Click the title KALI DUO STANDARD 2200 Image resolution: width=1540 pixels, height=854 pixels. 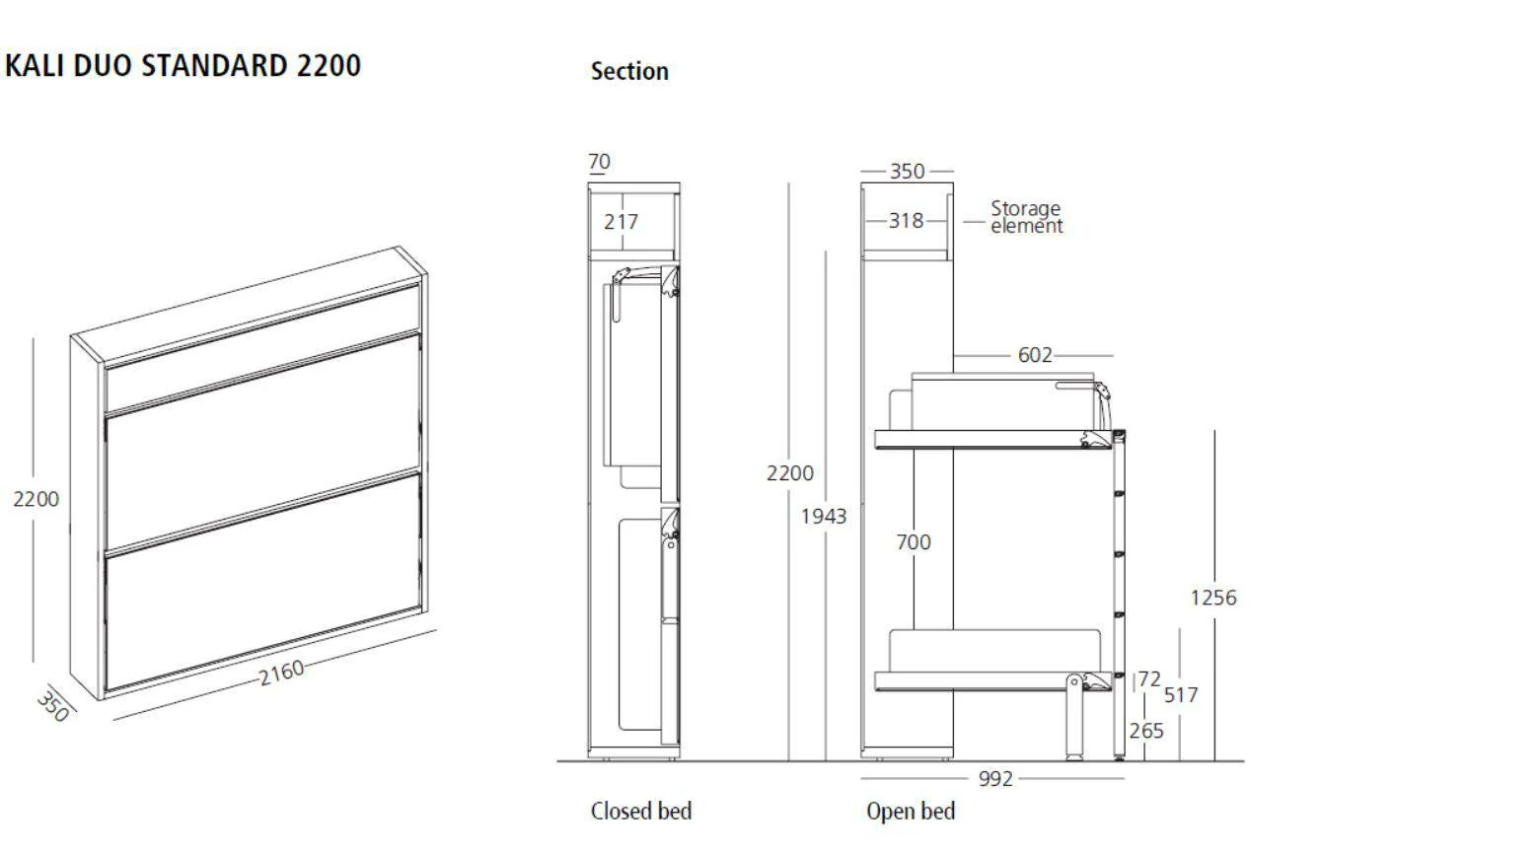click(183, 66)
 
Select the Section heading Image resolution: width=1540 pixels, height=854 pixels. click(629, 71)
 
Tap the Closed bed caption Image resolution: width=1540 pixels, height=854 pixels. click(640, 811)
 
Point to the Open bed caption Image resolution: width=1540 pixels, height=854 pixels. click(910, 811)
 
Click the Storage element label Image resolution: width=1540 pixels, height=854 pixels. click(1026, 217)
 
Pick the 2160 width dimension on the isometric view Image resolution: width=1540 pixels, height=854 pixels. click(281, 673)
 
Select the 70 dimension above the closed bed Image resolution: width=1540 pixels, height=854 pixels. click(599, 162)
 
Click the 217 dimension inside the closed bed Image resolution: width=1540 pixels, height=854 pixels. click(621, 222)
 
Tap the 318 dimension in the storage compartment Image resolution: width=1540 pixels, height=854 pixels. click(906, 221)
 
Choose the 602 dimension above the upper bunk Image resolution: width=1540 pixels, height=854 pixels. click(1035, 355)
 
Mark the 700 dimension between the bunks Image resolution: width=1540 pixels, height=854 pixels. click(913, 542)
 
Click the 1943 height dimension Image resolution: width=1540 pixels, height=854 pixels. click(823, 516)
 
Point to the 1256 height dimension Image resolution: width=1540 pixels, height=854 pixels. click(1212, 598)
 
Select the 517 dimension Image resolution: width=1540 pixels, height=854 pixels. click(1180, 695)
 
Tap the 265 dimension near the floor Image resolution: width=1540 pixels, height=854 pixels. click(1146, 731)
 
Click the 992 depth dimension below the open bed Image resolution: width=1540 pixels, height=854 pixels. click(995, 779)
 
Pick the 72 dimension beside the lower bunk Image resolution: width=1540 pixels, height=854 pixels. click(1149, 679)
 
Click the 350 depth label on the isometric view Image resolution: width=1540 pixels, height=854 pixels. click(52, 705)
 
